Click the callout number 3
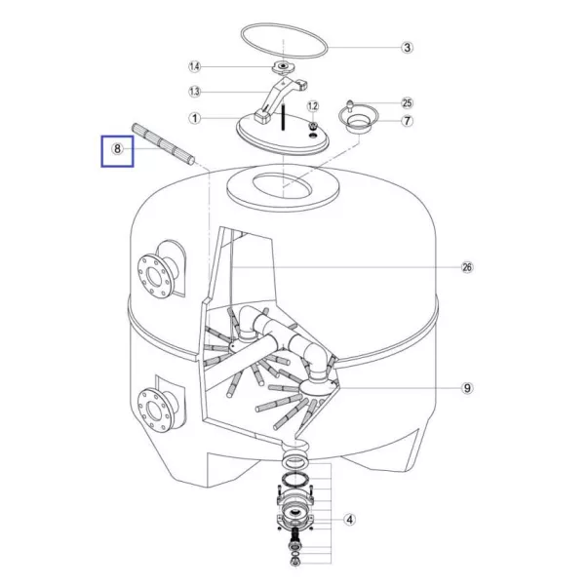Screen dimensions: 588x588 [408, 47]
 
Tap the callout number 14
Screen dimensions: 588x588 [194, 67]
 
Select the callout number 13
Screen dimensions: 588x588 [194, 93]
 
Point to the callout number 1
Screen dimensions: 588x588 [194, 120]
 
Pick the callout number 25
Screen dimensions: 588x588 [408, 102]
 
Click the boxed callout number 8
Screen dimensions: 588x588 [117, 150]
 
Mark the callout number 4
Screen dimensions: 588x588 [348, 520]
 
